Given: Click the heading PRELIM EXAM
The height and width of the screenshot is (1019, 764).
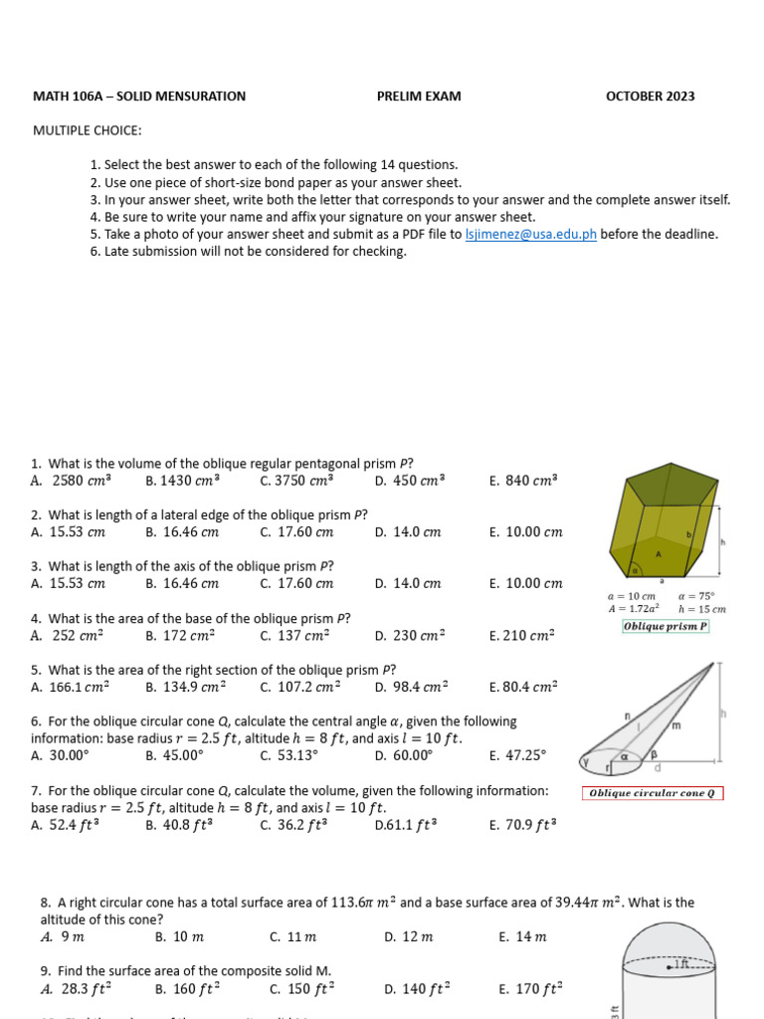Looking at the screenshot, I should point(419,97).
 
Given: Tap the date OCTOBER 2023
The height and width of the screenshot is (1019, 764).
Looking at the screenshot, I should point(651,97).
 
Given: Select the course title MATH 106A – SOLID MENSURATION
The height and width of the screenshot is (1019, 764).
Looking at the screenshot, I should point(139,97).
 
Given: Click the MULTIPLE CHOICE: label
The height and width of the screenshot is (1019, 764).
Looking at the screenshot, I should point(88,130).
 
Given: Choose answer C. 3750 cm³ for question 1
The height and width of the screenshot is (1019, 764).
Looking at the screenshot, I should point(296,480).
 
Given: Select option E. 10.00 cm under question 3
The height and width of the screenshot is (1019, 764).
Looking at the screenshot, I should point(525,583).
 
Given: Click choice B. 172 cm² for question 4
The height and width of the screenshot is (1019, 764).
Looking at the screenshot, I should point(180,635).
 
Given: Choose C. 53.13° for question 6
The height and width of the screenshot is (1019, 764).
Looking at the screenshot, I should point(289,755).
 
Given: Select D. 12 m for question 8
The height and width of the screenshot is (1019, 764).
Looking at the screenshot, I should point(409,936).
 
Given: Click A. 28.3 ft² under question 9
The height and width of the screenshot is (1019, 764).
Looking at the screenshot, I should point(76,988).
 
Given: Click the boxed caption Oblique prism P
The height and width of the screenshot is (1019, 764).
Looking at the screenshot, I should point(665,626).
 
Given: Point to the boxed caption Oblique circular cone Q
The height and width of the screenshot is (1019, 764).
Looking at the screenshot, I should point(653,793).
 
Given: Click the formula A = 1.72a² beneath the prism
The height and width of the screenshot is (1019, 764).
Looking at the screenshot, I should point(635,608).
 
